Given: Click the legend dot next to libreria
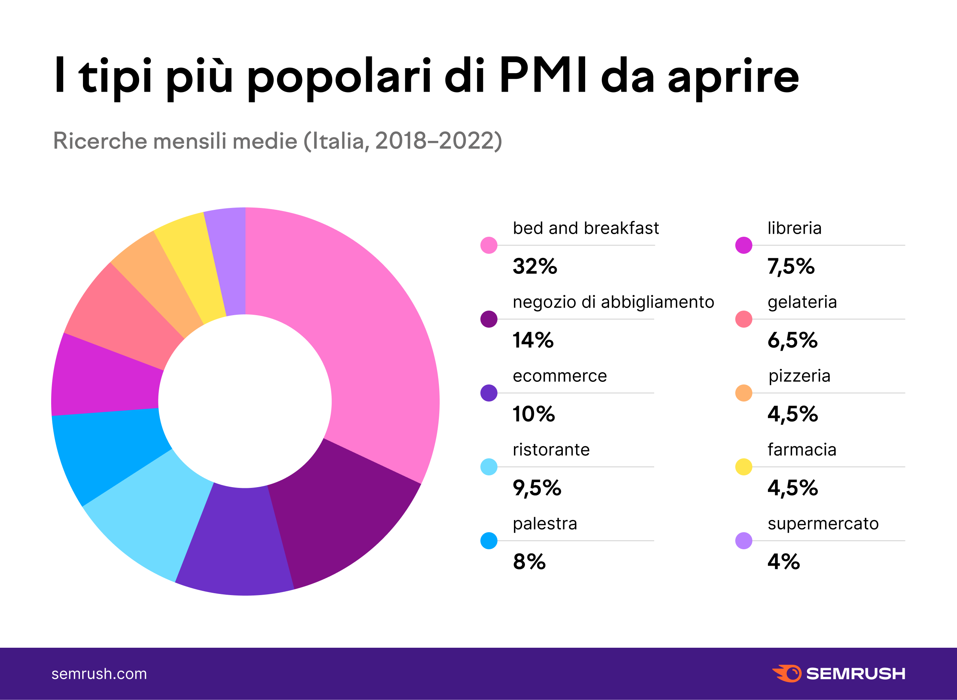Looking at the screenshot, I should point(744,245).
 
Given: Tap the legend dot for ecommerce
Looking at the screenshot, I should point(489,393).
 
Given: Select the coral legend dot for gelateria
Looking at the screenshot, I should point(744,319).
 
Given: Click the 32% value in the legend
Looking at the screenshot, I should point(535,267).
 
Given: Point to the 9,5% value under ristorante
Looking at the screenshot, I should point(537,488).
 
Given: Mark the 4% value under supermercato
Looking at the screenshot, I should point(783,562).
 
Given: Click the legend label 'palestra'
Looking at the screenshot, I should point(545,524).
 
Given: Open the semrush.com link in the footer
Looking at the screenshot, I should point(99,674).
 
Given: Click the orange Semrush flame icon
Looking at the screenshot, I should point(787,673).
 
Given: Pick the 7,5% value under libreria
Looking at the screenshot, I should point(791,267).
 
